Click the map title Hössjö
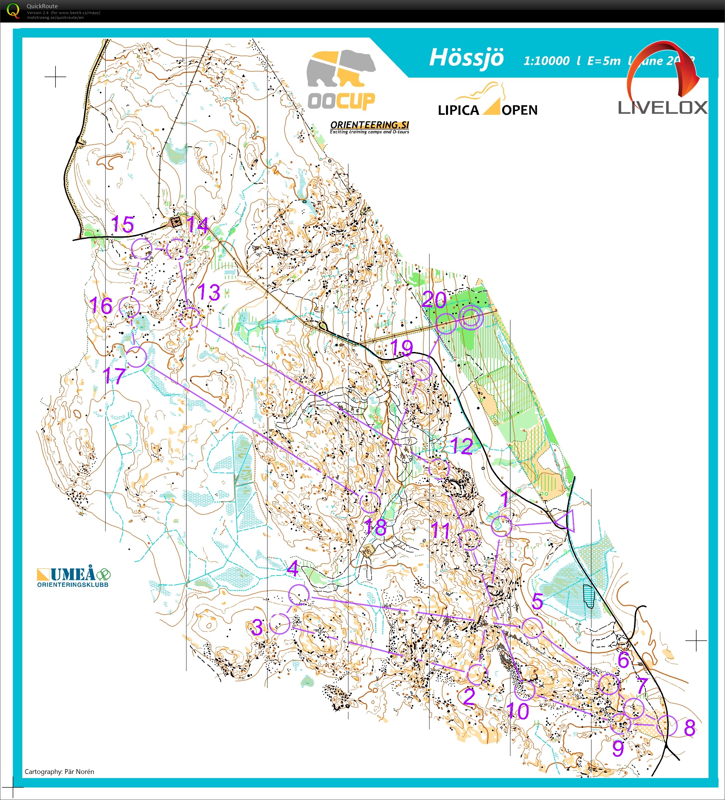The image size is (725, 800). [466, 58]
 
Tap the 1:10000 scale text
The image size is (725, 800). [546, 61]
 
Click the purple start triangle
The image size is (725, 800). [566, 521]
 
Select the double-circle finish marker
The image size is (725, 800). [471, 317]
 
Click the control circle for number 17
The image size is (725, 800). [136, 357]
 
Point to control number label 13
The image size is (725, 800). [209, 292]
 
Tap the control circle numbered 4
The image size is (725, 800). [299, 595]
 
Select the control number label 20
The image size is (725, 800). [434, 299]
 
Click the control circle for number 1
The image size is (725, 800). [502, 526]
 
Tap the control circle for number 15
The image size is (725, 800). [142, 249]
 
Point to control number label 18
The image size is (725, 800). [375, 528]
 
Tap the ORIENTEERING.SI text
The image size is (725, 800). [370, 125]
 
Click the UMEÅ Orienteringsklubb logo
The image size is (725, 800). [73, 577]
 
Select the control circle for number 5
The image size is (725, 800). [532, 628]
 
